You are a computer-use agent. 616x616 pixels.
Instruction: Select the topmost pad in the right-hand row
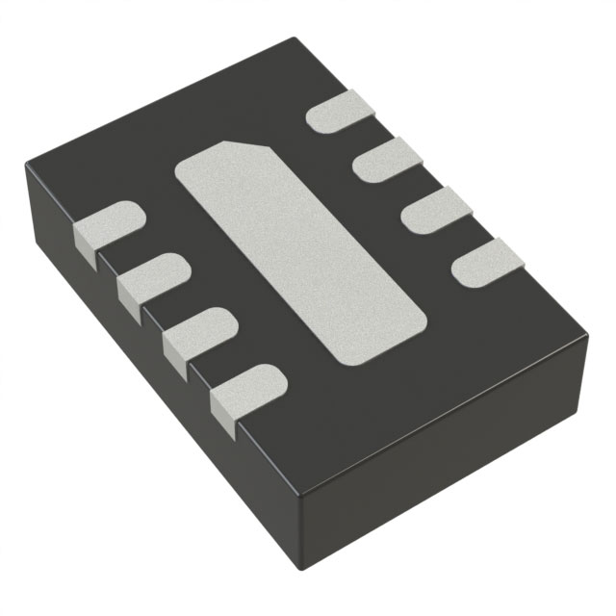click(343, 112)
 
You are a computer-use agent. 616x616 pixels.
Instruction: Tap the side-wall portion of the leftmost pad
click(87, 247)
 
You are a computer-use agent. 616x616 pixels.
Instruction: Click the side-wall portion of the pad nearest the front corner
click(223, 411)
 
